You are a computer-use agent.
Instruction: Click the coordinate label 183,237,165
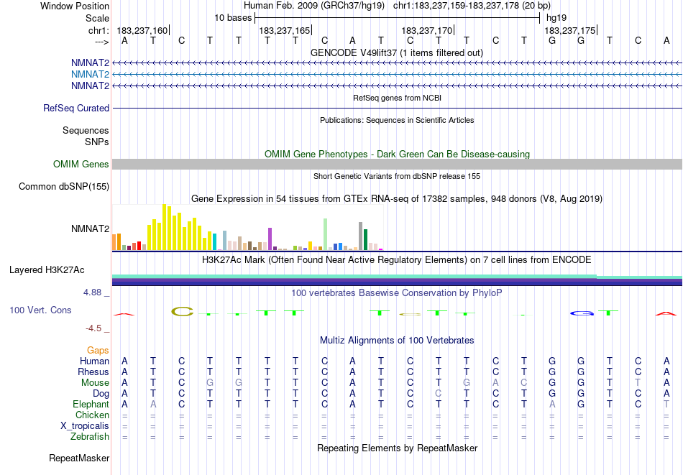285,30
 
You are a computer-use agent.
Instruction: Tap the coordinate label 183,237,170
427,30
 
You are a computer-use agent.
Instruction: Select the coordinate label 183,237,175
569,30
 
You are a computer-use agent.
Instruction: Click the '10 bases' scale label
233,17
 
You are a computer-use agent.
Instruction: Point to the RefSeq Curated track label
76,108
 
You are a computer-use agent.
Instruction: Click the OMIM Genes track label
81,164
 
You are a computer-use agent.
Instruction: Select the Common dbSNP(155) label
63,186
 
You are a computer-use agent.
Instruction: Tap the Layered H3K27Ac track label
47,269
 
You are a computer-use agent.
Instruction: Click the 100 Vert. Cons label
40,310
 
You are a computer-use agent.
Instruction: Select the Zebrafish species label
90,436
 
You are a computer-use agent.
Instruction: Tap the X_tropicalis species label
85,425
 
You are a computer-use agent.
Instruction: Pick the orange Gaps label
98,350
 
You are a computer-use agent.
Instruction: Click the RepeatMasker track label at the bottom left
79,458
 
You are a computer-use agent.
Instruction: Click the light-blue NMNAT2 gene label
90,74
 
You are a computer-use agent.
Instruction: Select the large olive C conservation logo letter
183,311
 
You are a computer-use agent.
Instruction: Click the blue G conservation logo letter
580,313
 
